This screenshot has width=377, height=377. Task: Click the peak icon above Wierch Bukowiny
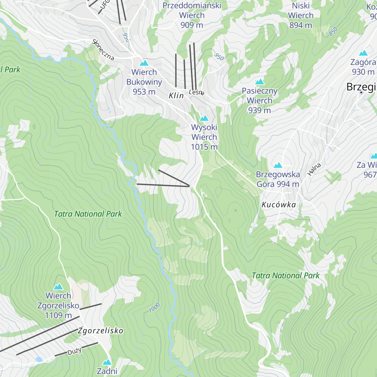click(x=144, y=63)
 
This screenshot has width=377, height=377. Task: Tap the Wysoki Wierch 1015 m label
click(x=204, y=137)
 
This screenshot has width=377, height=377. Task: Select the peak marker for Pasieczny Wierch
click(x=260, y=82)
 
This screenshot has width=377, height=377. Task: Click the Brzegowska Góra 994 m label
click(x=278, y=179)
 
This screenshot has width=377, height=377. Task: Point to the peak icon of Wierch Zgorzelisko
click(x=58, y=287)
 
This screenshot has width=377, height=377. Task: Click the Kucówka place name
click(x=279, y=205)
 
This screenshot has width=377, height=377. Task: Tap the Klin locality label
click(x=176, y=96)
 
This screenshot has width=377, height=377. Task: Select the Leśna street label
click(x=197, y=92)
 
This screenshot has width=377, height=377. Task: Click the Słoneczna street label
click(x=103, y=50)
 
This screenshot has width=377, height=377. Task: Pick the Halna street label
click(x=314, y=169)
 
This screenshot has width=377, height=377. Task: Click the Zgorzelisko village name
click(x=101, y=331)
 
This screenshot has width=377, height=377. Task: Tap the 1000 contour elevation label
click(x=155, y=308)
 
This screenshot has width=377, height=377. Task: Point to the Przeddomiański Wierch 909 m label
click(x=192, y=15)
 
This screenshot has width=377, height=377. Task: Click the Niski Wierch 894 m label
click(x=301, y=15)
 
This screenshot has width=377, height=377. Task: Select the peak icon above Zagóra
click(x=363, y=53)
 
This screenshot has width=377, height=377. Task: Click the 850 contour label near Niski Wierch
click(x=333, y=31)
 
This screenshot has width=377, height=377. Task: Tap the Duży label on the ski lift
click(x=74, y=351)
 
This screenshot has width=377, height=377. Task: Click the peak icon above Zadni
click(x=107, y=362)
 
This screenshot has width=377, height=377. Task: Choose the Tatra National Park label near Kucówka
click(x=285, y=276)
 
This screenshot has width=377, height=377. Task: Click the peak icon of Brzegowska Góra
click(x=278, y=165)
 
